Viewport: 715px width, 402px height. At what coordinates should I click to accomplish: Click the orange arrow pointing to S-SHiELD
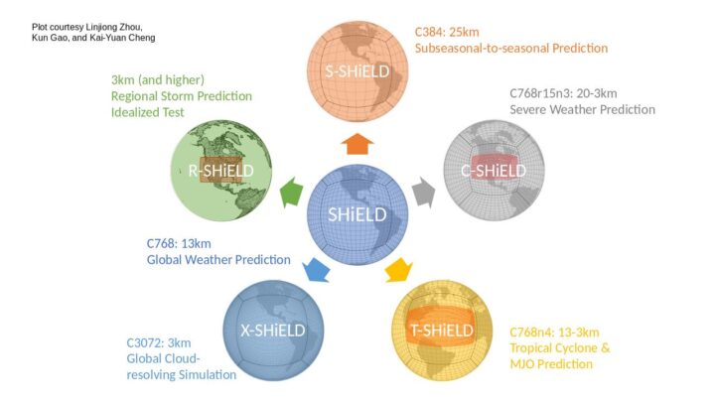click(x=357, y=144)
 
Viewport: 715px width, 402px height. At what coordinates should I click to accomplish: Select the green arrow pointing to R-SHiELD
click(x=292, y=192)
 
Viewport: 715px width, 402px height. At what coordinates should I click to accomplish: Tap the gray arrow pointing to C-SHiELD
click(x=424, y=193)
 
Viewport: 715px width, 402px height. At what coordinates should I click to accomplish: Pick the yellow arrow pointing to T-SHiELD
click(x=398, y=270)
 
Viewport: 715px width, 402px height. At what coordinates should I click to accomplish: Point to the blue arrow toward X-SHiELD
click(x=316, y=270)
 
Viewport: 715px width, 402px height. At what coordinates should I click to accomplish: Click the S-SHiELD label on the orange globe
click(x=357, y=71)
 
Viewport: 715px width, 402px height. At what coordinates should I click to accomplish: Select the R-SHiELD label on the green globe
click(x=220, y=171)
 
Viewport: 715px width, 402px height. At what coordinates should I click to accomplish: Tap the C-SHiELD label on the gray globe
click(x=494, y=171)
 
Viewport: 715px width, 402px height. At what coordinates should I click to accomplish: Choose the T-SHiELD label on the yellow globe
click(x=442, y=330)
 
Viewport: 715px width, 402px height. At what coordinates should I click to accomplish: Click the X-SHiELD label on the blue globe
click(x=273, y=330)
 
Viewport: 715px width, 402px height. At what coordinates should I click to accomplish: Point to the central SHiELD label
click(x=357, y=214)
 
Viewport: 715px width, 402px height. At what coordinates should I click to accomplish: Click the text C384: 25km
click(x=447, y=32)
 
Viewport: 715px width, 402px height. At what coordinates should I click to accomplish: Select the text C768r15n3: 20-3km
click(x=563, y=93)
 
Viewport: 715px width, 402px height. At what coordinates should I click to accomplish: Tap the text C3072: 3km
click(x=159, y=342)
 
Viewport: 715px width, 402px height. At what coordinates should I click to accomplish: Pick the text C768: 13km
click(x=179, y=243)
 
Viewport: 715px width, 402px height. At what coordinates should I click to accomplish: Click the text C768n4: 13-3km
click(x=554, y=333)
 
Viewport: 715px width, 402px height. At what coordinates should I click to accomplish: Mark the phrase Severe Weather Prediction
click(x=582, y=109)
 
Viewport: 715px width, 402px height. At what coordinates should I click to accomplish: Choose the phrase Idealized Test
click(x=148, y=112)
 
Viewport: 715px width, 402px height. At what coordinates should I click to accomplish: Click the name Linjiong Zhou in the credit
click(x=114, y=28)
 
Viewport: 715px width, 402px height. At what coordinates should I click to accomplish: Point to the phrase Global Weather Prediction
click(x=218, y=260)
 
